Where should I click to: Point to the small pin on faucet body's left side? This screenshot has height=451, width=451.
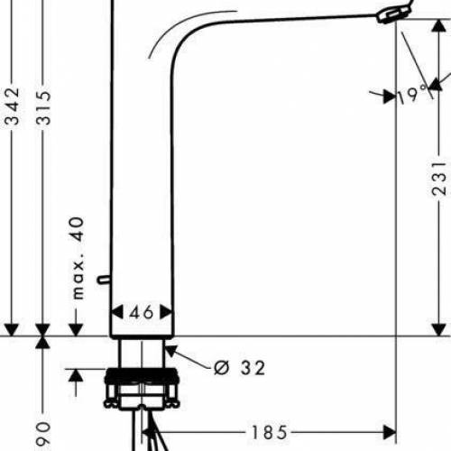[x=107, y=281]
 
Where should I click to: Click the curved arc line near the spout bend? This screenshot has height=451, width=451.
[x=176, y=37]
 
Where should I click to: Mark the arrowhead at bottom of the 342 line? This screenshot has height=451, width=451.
[x=12, y=328]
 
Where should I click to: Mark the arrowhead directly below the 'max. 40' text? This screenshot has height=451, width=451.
[x=77, y=328]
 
